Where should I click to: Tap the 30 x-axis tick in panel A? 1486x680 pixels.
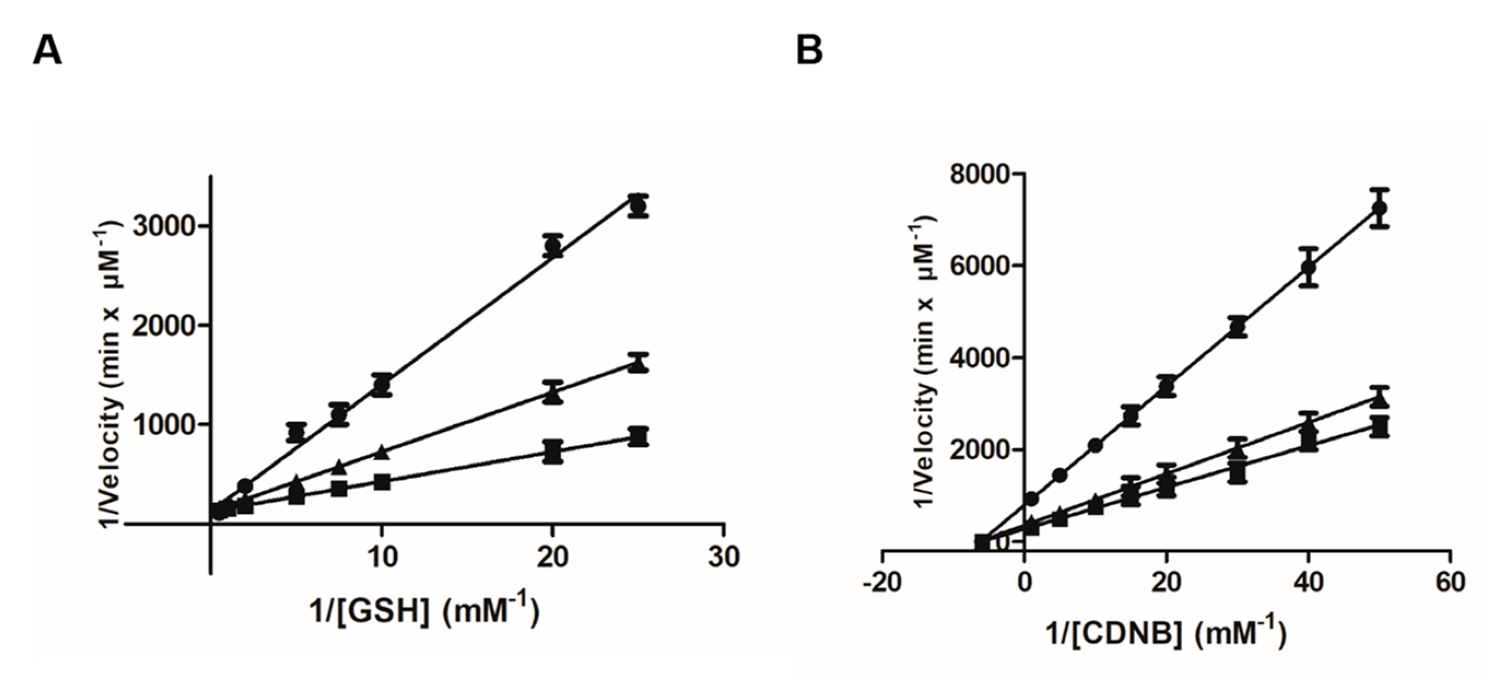724,557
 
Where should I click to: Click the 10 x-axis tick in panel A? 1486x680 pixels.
381,557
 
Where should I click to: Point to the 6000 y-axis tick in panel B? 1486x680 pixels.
974,265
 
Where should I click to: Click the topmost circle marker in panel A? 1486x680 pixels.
638,206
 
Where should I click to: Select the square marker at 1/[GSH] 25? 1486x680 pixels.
638,437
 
